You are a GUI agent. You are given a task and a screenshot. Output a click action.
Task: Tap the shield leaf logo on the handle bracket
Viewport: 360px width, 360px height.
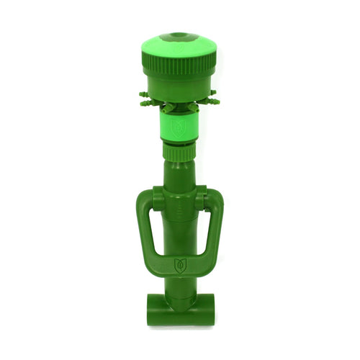[180, 264]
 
